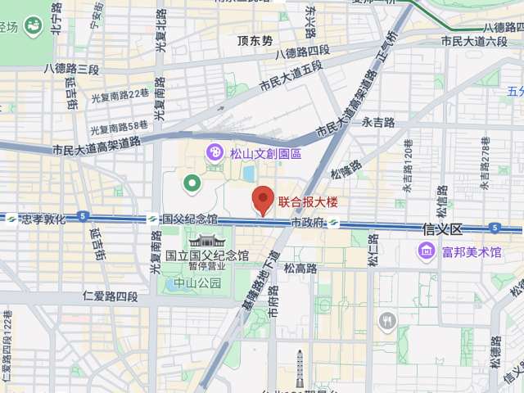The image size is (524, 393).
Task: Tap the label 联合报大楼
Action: [x=308, y=201]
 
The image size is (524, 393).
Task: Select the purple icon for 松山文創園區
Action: [x=214, y=151]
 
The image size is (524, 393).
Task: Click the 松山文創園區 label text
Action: [x=265, y=153]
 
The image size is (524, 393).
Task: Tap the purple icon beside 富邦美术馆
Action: [x=426, y=251]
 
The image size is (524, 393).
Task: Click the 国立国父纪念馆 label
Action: [x=207, y=255]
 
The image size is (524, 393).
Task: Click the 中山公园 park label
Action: [x=198, y=283]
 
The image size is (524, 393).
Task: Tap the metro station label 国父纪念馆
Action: [x=190, y=219]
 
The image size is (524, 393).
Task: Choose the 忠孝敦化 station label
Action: [x=43, y=219]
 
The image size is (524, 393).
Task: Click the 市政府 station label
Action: [x=308, y=223]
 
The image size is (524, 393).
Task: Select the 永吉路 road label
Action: [x=378, y=123]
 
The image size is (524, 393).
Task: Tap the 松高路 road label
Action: [x=300, y=268]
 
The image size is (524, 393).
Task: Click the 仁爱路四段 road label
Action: [x=111, y=296]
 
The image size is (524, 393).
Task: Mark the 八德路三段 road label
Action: [x=72, y=69]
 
